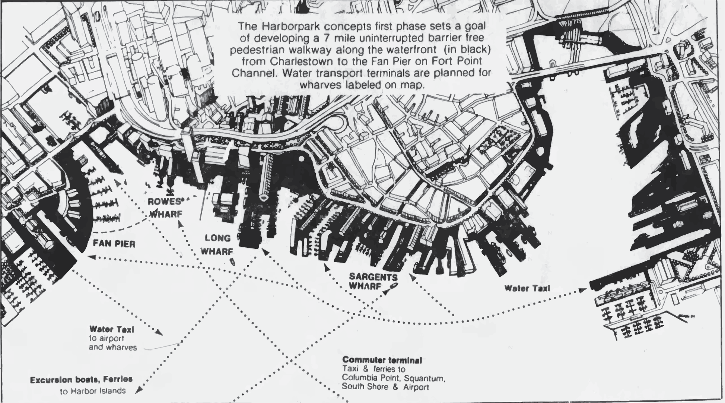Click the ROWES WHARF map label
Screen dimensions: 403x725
tap(165, 208)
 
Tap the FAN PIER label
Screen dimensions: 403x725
tap(114, 244)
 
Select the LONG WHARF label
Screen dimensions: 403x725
tap(217, 245)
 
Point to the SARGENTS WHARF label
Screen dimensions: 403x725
tap(373, 282)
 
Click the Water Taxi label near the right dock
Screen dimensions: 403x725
tap(527, 288)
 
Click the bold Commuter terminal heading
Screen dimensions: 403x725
tap(382, 360)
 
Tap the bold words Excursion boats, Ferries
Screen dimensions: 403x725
tap(81, 380)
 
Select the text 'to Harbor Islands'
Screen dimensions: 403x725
tap(93, 391)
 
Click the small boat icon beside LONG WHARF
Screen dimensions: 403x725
tap(233, 261)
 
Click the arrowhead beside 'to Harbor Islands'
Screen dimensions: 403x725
tap(139, 390)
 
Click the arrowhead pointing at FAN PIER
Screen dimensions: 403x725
tap(91, 257)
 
